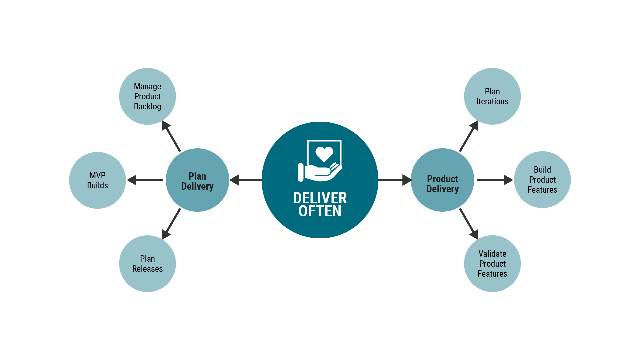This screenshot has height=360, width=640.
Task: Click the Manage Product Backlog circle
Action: pyautogui.click(x=147, y=96)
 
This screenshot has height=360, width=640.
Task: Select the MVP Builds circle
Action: pyautogui.click(x=97, y=180)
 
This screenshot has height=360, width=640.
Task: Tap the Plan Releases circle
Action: pyautogui.click(x=147, y=264)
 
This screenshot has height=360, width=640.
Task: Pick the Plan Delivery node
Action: pyautogui.click(x=197, y=180)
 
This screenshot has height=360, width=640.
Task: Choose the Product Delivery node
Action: pyautogui.click(x=442, y=180)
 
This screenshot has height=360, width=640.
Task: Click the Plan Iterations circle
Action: pyautogui.click(x=492, y=96)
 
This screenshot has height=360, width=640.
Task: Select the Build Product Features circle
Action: pyautogui.click(x=542, y=180)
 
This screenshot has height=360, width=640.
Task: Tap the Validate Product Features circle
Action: pyautogui.click(x=492, y=264)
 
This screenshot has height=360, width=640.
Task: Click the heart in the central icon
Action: pyautogui.click(x=324, y=154)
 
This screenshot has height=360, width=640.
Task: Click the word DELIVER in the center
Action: pyautogui.click(x=320, y=198)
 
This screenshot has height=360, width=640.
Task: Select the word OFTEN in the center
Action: pyautogui.click(x=320, y=211)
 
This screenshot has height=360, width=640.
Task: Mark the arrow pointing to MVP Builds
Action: pyautogui.click(x=145, y=180)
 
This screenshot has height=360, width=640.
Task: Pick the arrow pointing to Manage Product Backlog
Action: pyautogui.click(x=171, y=137)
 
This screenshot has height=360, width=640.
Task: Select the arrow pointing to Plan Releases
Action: pyautogui.click(x=171, y=223)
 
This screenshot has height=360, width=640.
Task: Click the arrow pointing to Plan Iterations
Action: pyautogui.click(x=469, y=137)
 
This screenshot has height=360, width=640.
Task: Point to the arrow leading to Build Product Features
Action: pyautogui.click(x=495, y=180)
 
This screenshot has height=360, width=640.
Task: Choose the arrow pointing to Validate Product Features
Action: pyautogui.click(x=469, y=223)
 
